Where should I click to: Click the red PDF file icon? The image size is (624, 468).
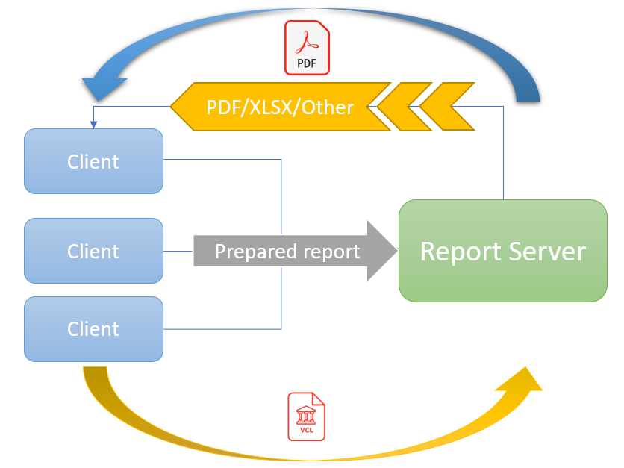307,49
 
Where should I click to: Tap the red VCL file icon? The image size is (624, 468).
306,416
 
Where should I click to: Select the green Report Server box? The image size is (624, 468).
502,251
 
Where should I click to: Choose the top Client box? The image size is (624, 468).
93,161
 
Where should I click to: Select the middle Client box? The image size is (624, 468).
93,251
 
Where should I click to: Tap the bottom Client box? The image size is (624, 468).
93,329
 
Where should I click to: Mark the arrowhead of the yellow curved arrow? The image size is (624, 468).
523,380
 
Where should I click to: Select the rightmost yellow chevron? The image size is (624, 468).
448,107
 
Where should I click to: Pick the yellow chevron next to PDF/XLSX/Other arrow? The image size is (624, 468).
403,107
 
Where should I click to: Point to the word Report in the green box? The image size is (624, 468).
458,252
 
